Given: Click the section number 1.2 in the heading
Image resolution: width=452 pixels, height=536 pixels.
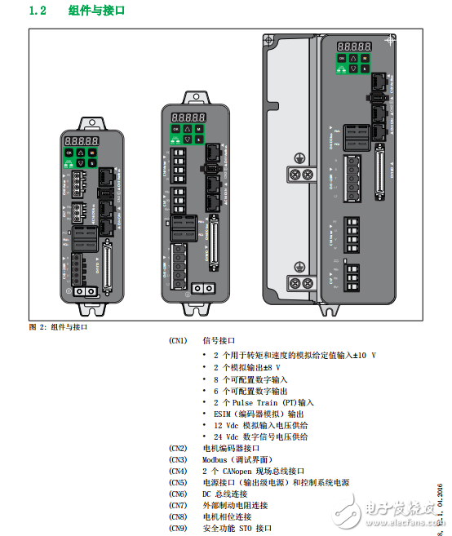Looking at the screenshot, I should coord(39,11).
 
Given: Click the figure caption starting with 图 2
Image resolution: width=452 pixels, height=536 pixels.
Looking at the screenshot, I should coord(58,327).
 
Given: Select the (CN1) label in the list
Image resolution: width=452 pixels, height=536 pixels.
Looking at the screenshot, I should coord(178,340).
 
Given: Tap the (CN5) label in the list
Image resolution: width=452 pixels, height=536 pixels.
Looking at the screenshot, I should coord(178,482).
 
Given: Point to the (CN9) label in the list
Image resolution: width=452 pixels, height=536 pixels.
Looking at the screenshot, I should coord(178,528).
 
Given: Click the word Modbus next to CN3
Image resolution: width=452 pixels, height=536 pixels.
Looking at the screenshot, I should coord(215,459).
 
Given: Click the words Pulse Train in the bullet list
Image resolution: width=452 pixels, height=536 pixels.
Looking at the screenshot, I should coord(259,402).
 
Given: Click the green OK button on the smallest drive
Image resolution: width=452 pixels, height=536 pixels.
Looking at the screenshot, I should coord(69,153).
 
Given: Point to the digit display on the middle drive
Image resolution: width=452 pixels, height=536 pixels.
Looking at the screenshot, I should coord(182,117).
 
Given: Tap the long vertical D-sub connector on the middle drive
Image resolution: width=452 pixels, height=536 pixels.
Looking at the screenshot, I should coord(215,248).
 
